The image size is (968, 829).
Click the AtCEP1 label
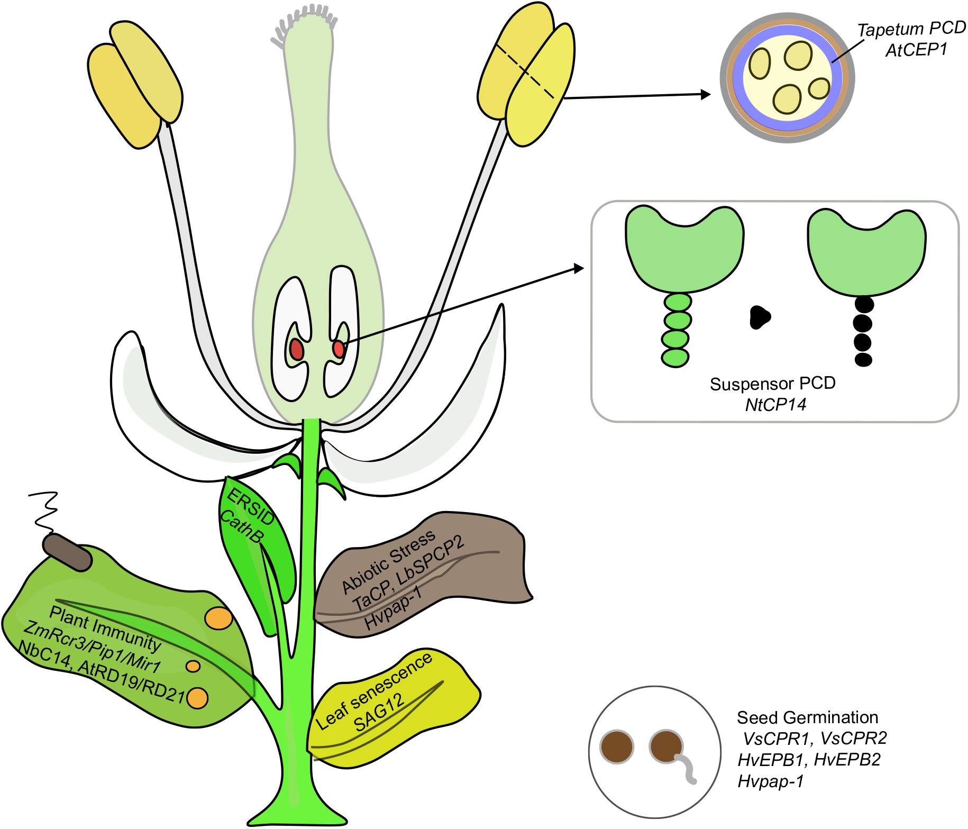point(916,50)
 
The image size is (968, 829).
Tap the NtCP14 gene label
point(775,405)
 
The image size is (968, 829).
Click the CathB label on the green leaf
point(241,526)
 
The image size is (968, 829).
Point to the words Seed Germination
point(807,717)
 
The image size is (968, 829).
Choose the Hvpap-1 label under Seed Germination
point(771,781)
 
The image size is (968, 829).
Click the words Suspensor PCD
point(772,384)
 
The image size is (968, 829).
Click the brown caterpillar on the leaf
point(67,552)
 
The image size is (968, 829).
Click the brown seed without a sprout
point(617,746)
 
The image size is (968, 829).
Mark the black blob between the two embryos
point(760,317)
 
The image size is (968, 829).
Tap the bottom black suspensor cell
point(863,360)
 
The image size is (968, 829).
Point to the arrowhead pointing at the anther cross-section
point(705,95)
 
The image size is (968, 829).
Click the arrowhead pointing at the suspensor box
point(578,269)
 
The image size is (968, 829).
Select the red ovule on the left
point(296,350)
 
